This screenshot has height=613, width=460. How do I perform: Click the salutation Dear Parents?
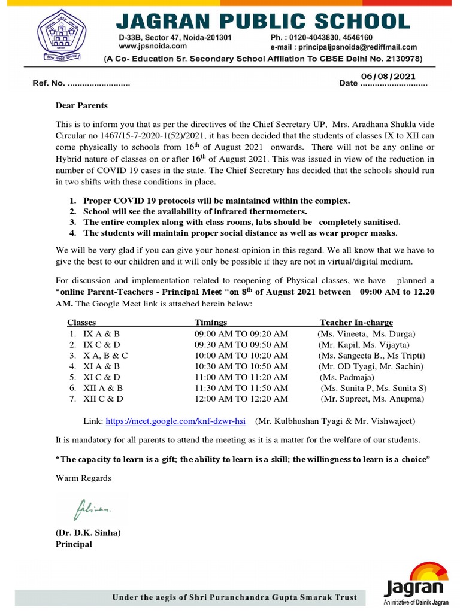point(81,105)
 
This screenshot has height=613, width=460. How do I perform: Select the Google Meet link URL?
point(176,421)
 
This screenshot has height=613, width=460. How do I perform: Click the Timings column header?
point(211,323)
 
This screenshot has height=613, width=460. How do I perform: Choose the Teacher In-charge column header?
point(356,323)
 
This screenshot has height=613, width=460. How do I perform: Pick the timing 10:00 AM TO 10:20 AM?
point(241,355)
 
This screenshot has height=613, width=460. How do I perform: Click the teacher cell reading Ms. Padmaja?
point(349,377)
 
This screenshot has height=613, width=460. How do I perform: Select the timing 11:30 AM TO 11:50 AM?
point(241,388)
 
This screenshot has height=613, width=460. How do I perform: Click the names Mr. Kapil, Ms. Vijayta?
point(364,344)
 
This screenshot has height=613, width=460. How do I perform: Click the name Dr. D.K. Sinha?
point(88,533)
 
